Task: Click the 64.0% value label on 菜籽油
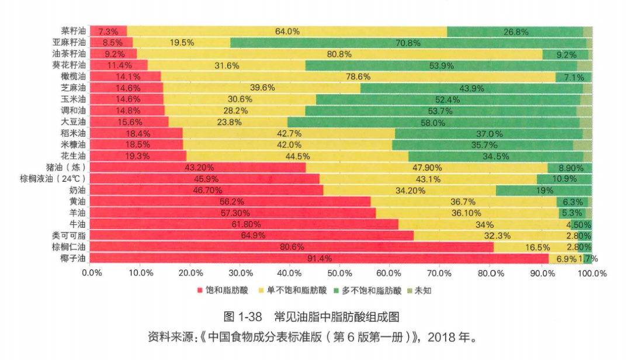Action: tap(287, 32)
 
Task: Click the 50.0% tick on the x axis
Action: tap(341, 273)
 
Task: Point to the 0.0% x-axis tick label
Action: tap(91, 273)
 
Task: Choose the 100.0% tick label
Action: tap(592, 273)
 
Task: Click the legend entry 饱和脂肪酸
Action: tap(224, 290)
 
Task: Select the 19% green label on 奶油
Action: tap(544, 190)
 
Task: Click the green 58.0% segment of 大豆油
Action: tap(432, 122)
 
